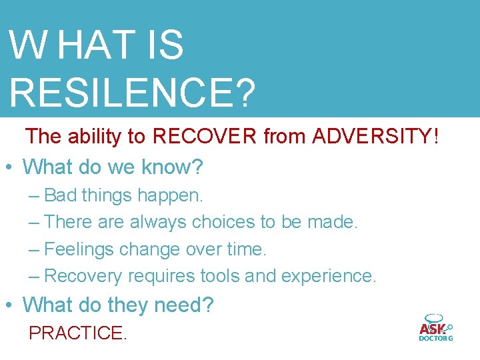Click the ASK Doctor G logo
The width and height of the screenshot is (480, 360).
click(435, 327)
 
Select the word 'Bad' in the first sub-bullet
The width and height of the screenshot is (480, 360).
click(60, 195)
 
